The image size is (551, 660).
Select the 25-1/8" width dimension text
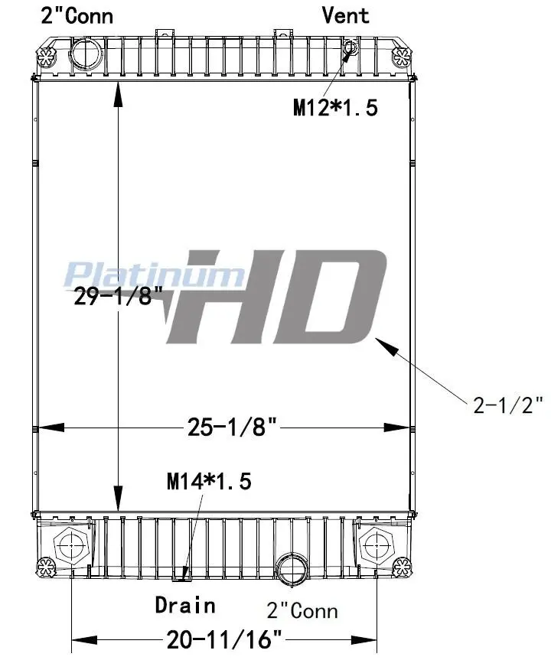pyautogui.click(x=232, y=427)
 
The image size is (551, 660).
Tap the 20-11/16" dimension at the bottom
pyautogui.click(x=223, y=639)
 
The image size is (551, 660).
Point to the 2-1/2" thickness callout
pyautogui.click(x=508, y=405)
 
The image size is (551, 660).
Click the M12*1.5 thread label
pyautogui.click(x=335, y=107)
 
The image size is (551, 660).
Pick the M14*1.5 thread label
pyautogui.click(x=209, y=481)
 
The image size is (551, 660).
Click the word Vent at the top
pyautogui.click(x=345, y=15)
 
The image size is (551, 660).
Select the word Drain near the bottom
pyautogui.click(x=185, y=605)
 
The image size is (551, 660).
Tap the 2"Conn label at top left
pyautogui.click(x=77, y=15)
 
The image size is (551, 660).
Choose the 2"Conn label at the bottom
pyautogui.click(x=302, y=610)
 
